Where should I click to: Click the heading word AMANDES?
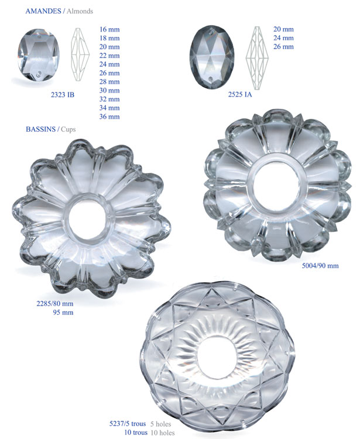tap(43, 11)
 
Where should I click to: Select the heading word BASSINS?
tap(40, 129)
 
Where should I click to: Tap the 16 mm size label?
tap(109, 29)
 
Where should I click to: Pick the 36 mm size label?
tap(109, 116)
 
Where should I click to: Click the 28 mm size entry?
tap(109, 82)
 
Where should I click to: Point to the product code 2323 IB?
tap(63, 95)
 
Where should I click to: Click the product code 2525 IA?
tap(240, 94)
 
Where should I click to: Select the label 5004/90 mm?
tap(320, 265)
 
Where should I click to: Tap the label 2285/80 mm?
tap(55, 303)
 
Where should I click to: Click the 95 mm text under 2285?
tap(63, 313)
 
